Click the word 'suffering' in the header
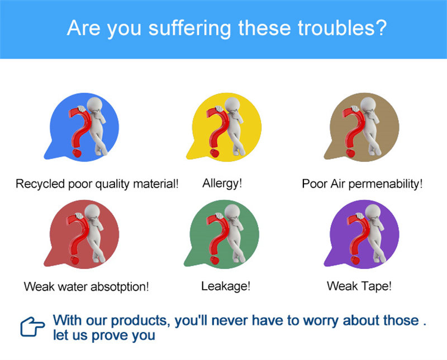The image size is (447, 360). (189, 29)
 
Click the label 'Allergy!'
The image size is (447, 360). (222, 184)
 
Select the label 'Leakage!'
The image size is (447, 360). (226, 286)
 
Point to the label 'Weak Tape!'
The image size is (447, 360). (359, 286)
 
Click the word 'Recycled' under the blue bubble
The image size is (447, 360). (40, 184)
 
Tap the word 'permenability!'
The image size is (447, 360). (386, 184)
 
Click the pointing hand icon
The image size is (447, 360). (32, 327)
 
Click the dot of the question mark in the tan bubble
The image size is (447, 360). (350, 153)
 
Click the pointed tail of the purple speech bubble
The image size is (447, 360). (326, 265)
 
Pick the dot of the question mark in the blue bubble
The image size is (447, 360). (77, 153)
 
